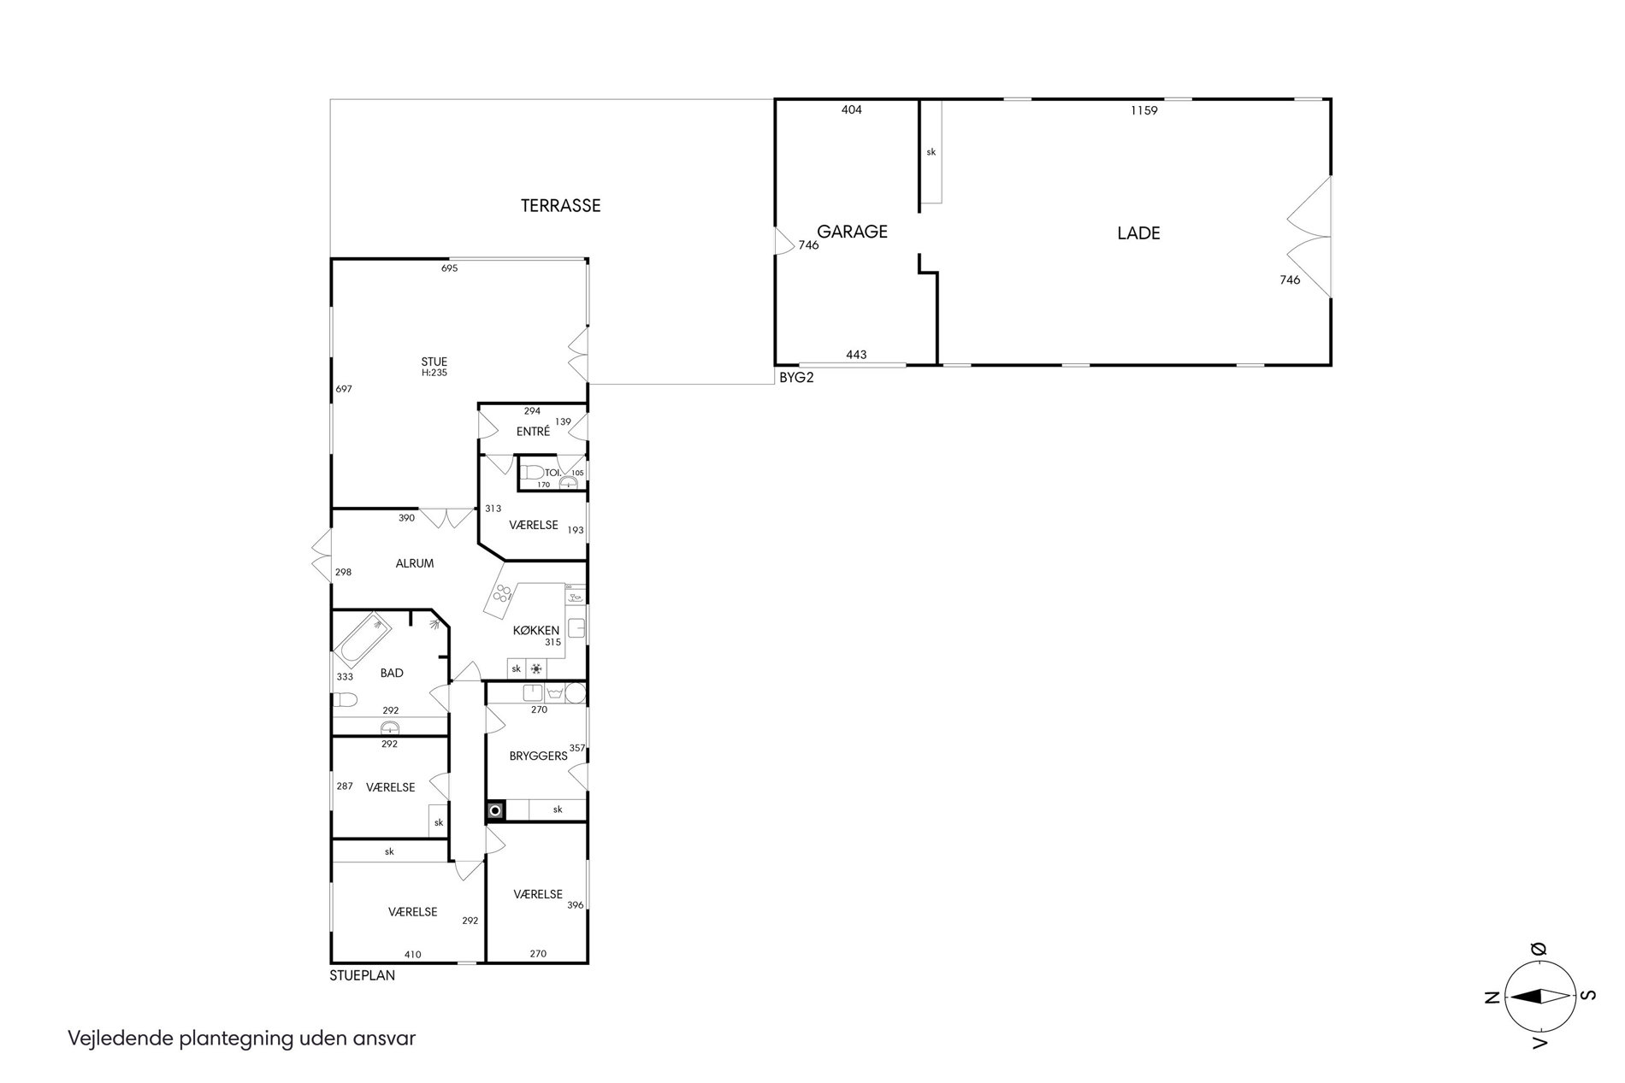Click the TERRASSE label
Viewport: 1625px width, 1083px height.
pyautogui.click(x=560, y=206)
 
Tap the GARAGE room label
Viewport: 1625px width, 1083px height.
pyautogui.click(x=852, y=232)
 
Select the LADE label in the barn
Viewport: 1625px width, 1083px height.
pyautogui.click(x=1138, y=232)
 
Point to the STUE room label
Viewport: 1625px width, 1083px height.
pyautogui.click(x=434, y=362)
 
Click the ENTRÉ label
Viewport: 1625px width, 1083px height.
pyautogui.click(x=533, y=432)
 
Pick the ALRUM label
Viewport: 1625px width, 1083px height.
pyautogui.click(x=415, y=563)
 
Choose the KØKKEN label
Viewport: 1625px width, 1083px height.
pyautogui.click(x=536, y=631)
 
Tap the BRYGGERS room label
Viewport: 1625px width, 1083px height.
pyautogui.click(x=539, y=756)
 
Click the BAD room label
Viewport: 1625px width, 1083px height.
pyautogui.click(x=392, y=673)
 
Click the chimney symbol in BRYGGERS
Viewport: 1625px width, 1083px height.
pyautogui.click(x=495, y=809)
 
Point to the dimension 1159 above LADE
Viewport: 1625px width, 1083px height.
pyautogui.click(x=1143, y=110)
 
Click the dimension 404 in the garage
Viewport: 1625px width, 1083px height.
pyautogui.click(x=852, y=109)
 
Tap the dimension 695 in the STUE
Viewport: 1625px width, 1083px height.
pyautogui.click(x=450, y=268)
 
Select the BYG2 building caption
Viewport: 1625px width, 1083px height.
pyautogui.click(x=796, y=377)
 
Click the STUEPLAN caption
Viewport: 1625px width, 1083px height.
pyautogui.click(x=363, y=974)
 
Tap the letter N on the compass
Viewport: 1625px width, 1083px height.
pyautogui.click(x=1492, y=996)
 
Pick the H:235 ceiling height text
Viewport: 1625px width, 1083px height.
pyautogui.click(x=434, y=373)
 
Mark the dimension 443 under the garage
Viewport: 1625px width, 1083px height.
pyautogui.click(x=856, y=355)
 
